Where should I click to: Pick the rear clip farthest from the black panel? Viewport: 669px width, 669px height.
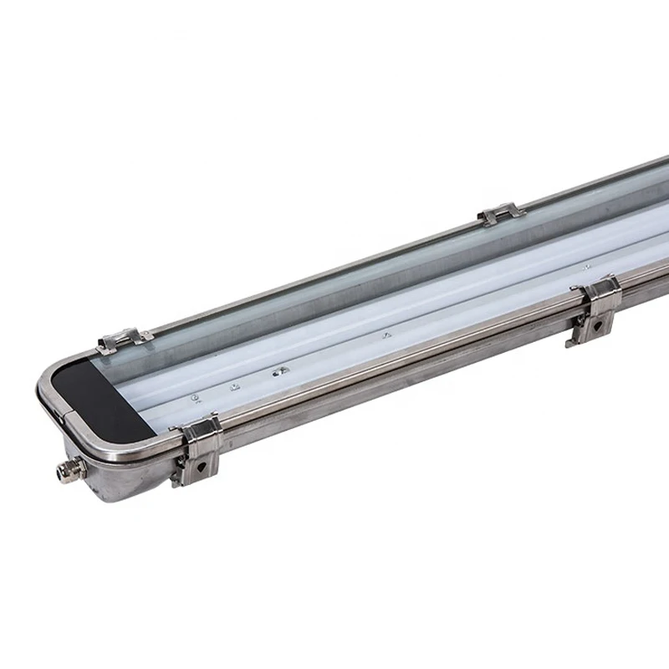(x=501, y=217)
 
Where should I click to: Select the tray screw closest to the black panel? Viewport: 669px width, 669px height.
(x=194, y=397)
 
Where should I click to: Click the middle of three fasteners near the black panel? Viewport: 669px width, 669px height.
(x=236, y=386)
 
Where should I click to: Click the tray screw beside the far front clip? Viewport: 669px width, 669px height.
(x=585, y=268)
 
